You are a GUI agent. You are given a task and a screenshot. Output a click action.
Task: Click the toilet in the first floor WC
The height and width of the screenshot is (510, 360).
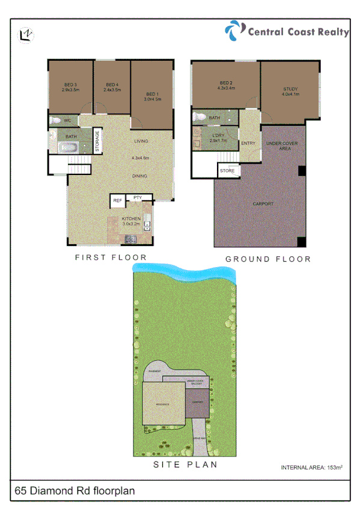coord(55,121)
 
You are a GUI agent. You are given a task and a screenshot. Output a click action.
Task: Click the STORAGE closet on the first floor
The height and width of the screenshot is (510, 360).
coord(97,141)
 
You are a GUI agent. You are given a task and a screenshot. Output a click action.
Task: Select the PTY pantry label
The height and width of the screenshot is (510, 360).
coord(138,197)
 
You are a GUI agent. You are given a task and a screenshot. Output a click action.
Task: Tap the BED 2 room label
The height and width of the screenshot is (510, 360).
coord(226,85)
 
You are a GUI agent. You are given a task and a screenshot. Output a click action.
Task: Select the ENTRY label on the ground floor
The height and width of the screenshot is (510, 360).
coord(248,143)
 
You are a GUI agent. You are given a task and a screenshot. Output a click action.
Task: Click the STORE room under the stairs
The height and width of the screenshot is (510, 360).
coord(227,171)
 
